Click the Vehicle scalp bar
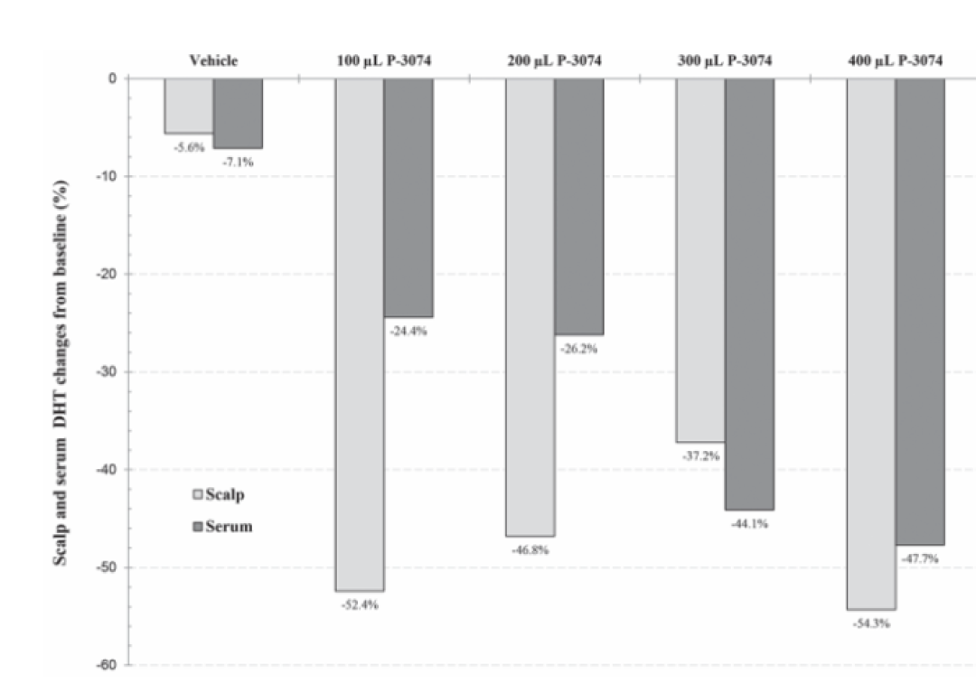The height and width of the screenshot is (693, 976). click(189, 106)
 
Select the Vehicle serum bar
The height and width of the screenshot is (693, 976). click(238, 113)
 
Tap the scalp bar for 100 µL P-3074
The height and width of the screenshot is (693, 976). click(359, 334)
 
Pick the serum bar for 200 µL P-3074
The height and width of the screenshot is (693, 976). click(579, 207)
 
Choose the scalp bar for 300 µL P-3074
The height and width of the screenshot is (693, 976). click(700, 260)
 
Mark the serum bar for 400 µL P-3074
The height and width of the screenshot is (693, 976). click(920, 312)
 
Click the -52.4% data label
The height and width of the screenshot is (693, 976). click(360, 604)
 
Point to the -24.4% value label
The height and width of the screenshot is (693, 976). click(408, 331)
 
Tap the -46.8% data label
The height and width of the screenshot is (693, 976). click(530, 550)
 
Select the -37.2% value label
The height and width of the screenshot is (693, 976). click(701, 456)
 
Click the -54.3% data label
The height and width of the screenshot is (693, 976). click(871, 623)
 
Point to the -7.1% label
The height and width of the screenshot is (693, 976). click(238, 163)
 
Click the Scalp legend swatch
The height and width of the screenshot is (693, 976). click(198, 495)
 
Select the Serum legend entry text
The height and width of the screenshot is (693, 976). click(229, 526)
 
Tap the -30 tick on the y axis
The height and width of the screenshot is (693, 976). click(106, 371)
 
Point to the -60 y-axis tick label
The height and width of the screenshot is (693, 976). click(106, 665)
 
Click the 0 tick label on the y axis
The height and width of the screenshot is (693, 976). click(113, 79)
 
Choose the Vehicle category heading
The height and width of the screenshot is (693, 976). click(213, 61)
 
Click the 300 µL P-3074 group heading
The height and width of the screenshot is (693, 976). click(725, 61)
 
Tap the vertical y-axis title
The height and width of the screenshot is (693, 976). click(61, 372)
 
